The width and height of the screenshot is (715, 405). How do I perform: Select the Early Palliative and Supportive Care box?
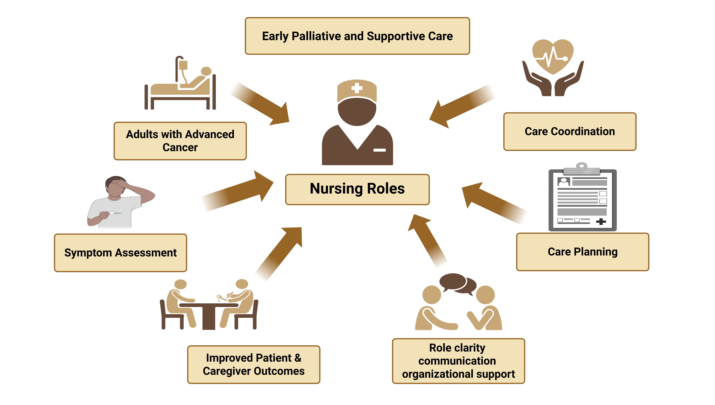[x=357, y=36]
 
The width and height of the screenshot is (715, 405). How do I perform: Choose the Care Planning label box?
[x=583, y=252]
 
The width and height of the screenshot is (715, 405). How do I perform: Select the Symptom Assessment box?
[x=121, y=253]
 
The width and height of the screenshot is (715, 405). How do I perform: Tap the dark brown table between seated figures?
[x=209, y=314]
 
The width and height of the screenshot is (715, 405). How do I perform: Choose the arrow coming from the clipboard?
[x=490, y=200]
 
